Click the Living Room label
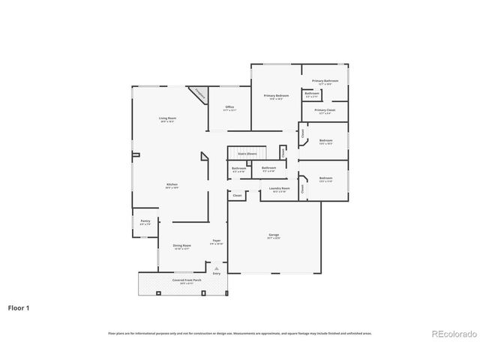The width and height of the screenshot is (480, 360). click(x=167, y=119)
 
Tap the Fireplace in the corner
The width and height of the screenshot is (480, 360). click(x=199, y=94)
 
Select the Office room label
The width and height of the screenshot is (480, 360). click(x=229, y=108)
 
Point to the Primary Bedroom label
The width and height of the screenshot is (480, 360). click(x=276, y=97)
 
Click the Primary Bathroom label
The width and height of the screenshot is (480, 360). click(x=325, y=82)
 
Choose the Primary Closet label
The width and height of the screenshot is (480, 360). click(x=325, y=111)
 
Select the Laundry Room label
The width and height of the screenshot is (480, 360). click(x=280, y=190)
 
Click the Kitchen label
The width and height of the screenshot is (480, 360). click(x=172, y=186)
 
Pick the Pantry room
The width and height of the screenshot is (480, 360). click(x=145, y=222)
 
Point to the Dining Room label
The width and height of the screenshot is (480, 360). click(x=182, y=247)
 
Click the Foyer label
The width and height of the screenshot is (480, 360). click(x=216, y=241)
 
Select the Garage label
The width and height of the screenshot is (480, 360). click(x=274, y=237)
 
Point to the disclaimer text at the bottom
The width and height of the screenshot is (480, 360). click(x=240, y=333)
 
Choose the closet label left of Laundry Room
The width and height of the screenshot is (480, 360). click(x=237, y=196)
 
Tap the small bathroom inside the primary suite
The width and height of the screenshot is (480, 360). click(x=312, y=94)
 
